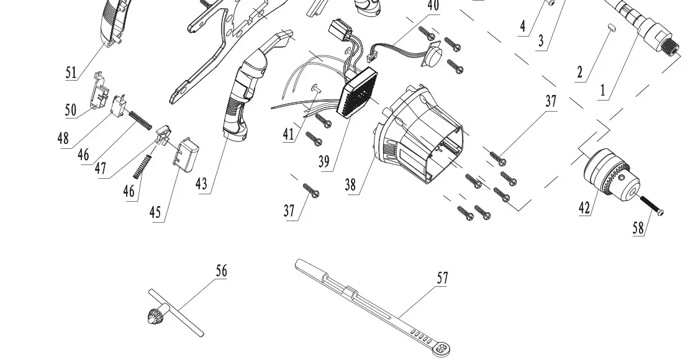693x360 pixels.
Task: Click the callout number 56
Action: (x=222, y=271)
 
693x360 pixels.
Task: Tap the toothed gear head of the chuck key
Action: (x=152, y=318)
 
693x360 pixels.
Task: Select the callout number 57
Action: (x=442, y=278)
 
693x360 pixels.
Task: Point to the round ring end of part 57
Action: (x=442, y=351)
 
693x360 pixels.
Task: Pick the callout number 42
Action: (x=584, y=207)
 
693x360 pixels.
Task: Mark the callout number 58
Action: (x=638, y=228)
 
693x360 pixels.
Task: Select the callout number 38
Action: (x=351, y=184)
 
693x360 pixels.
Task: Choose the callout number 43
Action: (x=202, y=184)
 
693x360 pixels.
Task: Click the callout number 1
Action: (x=602, y=91)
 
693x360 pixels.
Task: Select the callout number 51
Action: (x=71, y=72)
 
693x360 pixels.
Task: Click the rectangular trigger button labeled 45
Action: (x=186, y=155)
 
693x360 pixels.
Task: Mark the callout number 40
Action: (x=433, y=6)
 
